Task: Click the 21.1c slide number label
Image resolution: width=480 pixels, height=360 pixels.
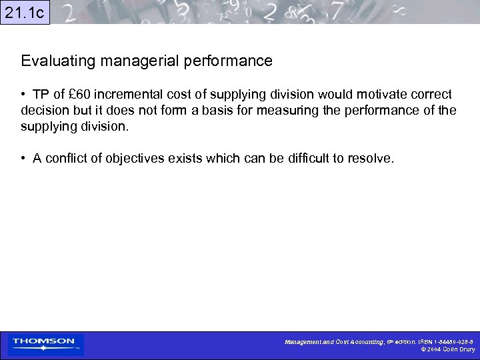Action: point(25,12)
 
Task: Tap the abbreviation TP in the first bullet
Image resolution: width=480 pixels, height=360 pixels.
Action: point(42,94)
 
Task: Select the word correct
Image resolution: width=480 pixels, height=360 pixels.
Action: point(431,94)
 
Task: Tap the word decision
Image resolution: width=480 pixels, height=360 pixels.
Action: point(44,110)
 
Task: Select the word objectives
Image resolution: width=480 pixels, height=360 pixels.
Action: point(142,159)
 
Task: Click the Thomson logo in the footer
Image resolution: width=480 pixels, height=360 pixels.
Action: point(45,344)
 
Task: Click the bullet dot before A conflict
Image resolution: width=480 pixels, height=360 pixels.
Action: point(23,159)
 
